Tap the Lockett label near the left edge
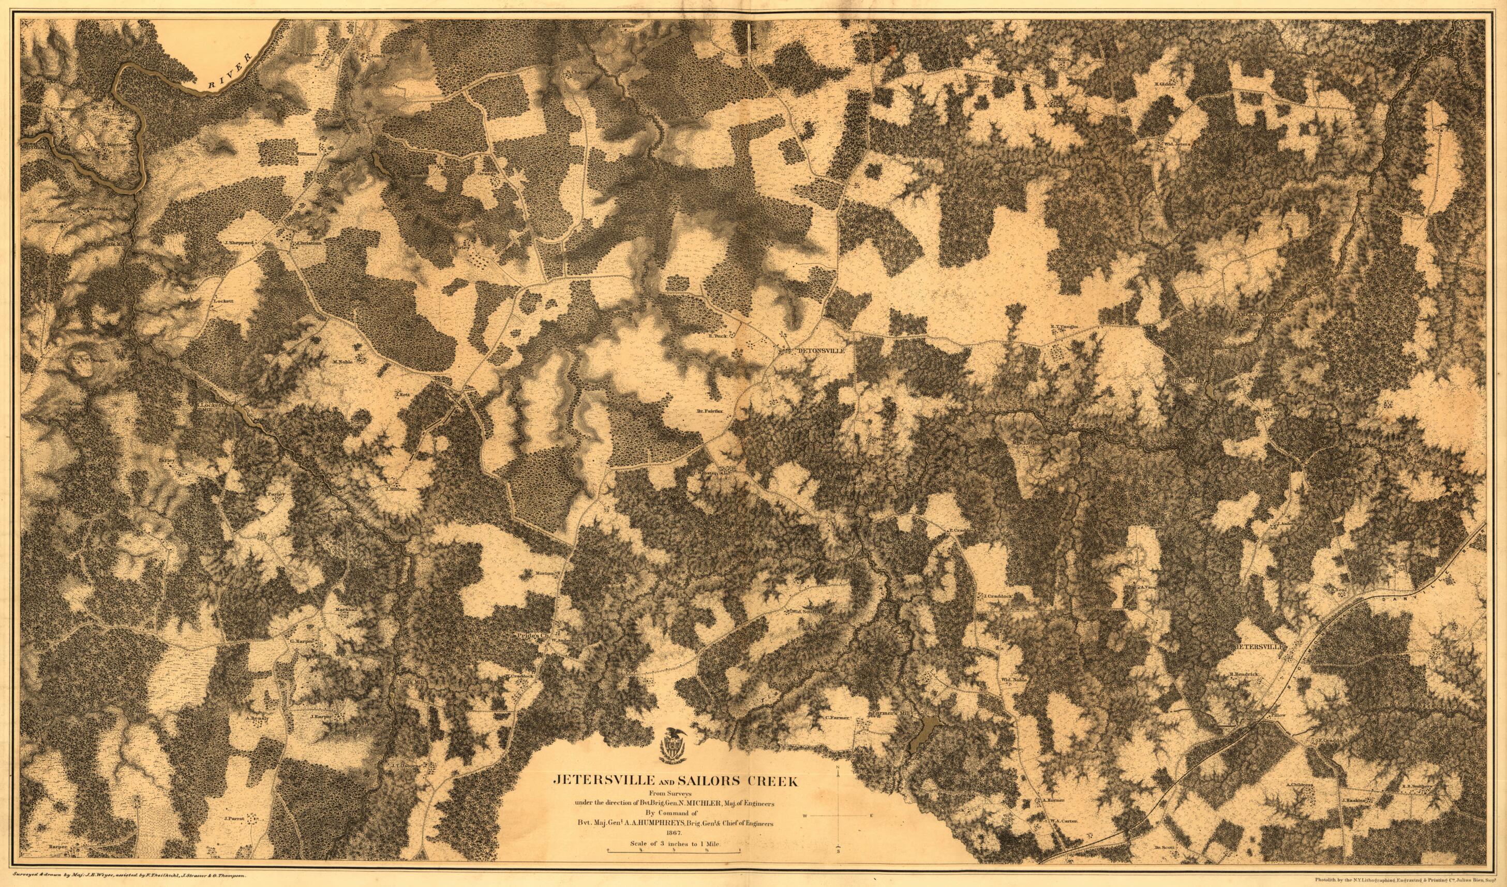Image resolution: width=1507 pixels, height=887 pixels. [222, 301]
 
